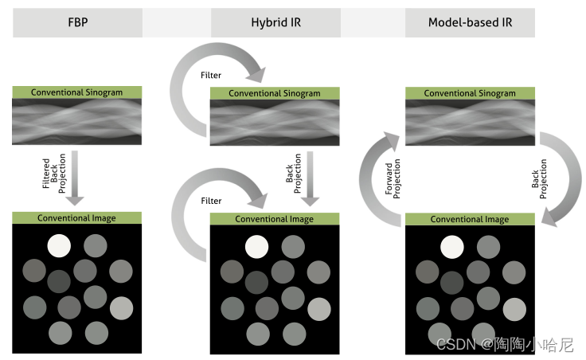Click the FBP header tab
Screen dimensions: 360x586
pos(77,23)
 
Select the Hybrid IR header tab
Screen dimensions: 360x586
pos(274,23)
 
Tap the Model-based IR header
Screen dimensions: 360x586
pos(470,23)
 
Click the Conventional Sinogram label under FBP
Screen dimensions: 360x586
pos(77,92)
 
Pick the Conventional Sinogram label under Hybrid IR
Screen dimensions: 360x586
pos(275,93)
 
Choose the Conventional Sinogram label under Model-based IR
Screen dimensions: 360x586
pos(470,93)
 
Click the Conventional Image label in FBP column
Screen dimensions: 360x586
pos(77,218)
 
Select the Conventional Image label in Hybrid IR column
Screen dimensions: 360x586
pos(275,218)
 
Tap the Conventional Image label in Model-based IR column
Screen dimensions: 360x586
pos(470,219)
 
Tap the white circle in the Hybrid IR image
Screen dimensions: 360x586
pos(256,246)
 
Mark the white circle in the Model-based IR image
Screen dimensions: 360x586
pos(451,247)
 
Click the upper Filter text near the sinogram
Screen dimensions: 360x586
pos(211,76)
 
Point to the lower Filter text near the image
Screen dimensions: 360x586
pos(211,201)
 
